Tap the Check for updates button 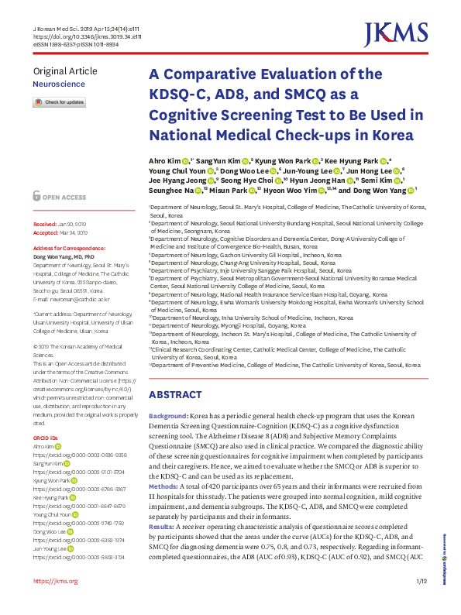59,102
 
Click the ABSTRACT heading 176,394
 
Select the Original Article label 65,71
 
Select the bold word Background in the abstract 168,417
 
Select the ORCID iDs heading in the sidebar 46,438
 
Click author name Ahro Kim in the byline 163,161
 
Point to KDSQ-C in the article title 175,95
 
